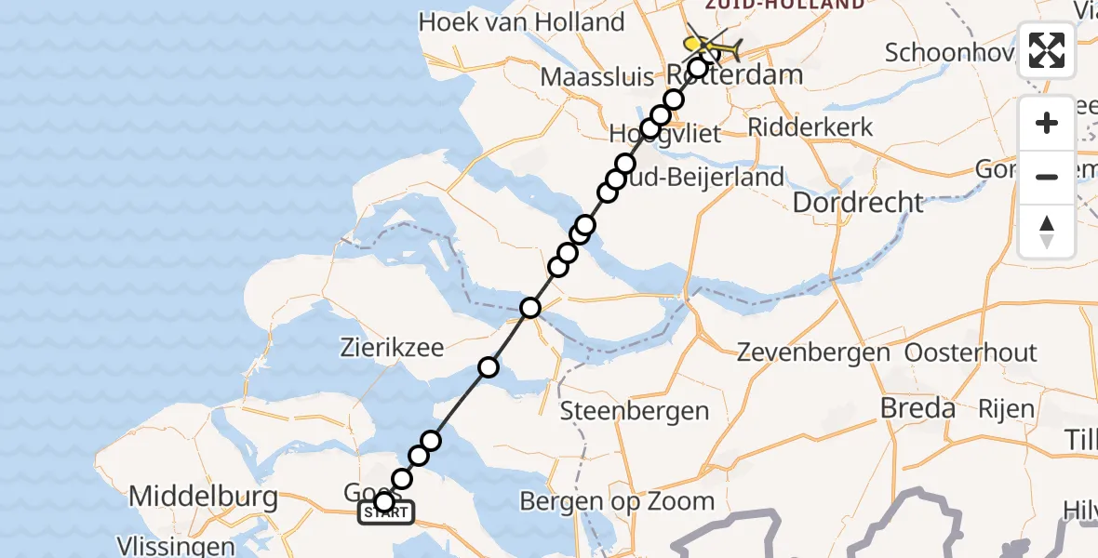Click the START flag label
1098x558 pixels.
(x=386, y=512)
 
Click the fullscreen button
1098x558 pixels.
(x=1047, y=50)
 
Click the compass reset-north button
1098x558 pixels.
(x=1047, y=232)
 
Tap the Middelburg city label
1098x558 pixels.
(x=203, y=497)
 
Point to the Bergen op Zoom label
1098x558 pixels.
(x=617, y=502)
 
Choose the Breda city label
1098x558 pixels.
(x=917, y=408)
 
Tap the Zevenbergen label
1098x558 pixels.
(x=813, y=353)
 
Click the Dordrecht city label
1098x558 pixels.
(x=858, y=202)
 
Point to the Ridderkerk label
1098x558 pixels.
(x=810, y=126)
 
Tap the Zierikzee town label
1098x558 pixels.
(x=390, y=349)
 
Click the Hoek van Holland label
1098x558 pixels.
(x=521, y=21)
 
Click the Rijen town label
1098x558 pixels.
(x=1005, y=408)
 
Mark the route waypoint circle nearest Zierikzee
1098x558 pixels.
(x=489, y=367)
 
